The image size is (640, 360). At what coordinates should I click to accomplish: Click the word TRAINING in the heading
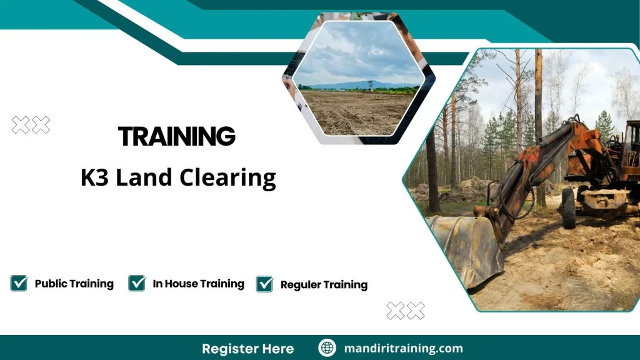pyautogui.click(x=177, y=136)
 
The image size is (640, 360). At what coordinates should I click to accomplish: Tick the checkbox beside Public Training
pyautogui.click(x=19, y=283)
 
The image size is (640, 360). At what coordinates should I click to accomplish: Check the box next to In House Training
pyautogui.click(x=137, y=283)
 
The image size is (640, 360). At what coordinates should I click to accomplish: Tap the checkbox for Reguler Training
pyautogui.click(x=264, y=284)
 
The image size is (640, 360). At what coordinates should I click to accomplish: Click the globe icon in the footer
pyautogui.click(x=327, y=348)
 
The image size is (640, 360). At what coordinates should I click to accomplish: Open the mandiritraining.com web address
pyautogui.click(x=404, y=348)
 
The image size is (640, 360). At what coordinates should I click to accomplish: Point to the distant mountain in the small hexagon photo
pyautogui.click(x=356, y=84)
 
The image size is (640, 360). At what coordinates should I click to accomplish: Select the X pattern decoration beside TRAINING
pyautogui.click(x=31, y=125)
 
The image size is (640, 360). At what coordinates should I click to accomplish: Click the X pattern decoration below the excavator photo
pyautogui.click(x=406, y=311)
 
